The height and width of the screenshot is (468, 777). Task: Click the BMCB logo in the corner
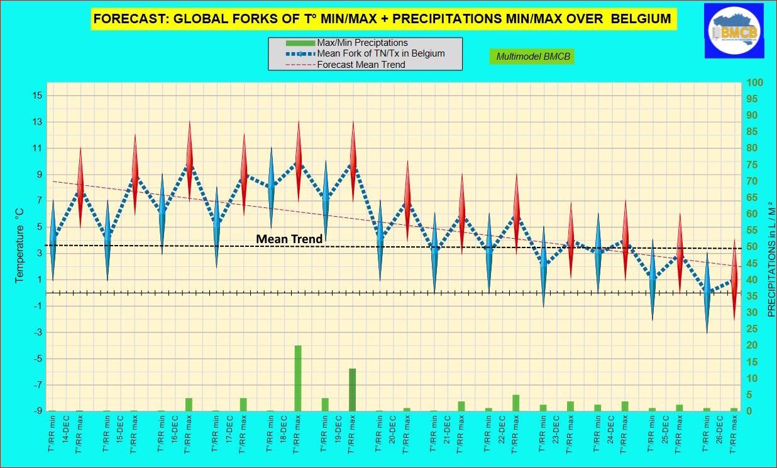pos(734,31)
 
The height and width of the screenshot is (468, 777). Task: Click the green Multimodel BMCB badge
pos(531,57)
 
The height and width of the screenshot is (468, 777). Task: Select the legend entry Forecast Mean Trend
pos(361,64)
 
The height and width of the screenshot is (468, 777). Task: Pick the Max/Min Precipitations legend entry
pos(362,43)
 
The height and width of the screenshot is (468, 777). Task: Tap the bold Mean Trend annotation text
pos(289,239)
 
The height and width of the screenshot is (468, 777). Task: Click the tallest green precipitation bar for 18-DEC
pos(298,378)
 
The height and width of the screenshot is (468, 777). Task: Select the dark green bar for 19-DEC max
pos(353,389)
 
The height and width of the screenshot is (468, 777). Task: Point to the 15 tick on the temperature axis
pos(36,95)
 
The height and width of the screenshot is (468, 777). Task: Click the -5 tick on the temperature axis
pos(36,359)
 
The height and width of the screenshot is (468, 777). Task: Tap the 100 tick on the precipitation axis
pos(754,83)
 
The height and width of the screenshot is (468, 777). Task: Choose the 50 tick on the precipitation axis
pos(752,248)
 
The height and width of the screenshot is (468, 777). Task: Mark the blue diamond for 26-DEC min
pos(707,292)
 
